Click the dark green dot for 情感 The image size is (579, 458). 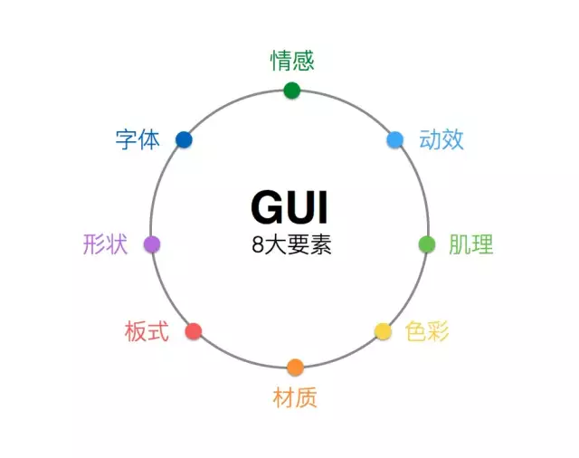pos(291,91)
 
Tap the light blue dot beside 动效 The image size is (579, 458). pos(394,140)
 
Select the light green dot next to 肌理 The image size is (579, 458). pos(427,244)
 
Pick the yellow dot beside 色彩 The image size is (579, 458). pos(383,331)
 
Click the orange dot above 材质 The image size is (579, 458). pos(295,367)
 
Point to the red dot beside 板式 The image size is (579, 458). pos(194,331)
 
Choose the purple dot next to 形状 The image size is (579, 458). pos(152,244)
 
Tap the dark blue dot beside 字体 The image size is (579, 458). pos(184,139)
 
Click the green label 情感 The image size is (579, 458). pos(292,61)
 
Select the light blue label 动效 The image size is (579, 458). pos(441,139)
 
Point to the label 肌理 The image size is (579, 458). pos(471,244)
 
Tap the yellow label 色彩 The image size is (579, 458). pos(427,331)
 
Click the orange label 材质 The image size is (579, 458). pos(295,397)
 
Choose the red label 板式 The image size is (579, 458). pos(147,331)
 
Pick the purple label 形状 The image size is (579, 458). pos(106,244)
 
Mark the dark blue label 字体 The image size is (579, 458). pos(138,139)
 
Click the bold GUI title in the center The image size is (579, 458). pos(289,207)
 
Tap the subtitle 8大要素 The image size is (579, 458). pos(291,244)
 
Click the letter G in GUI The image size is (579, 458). pos(267,207)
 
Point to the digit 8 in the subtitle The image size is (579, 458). pos(257,244)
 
